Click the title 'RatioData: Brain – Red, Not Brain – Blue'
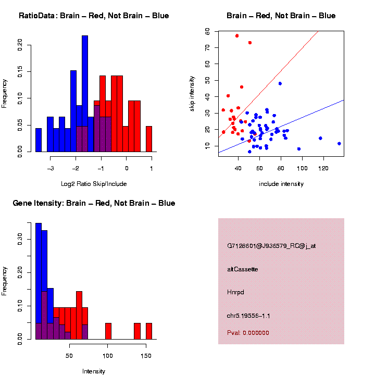(94, 16)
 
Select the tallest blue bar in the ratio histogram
(85, 94)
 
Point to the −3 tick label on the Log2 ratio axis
(51, 169)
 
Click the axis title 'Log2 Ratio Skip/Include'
(94, 184)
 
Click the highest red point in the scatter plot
(237, 36)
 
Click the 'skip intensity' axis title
(192, 93)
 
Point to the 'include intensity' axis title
(281, 184)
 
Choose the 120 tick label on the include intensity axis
(323, 169)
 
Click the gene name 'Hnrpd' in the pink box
(235, 292)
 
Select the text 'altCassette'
(242, 269)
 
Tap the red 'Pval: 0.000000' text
(248, 332)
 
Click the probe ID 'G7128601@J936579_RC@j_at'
(271, 246)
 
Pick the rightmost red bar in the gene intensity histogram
(149, 331)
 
